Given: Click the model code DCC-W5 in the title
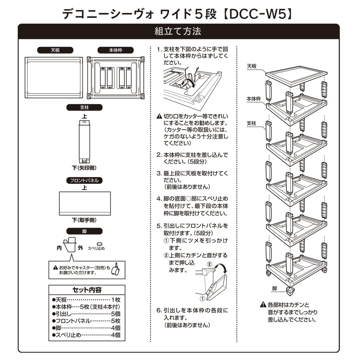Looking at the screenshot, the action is [x=258, y=14].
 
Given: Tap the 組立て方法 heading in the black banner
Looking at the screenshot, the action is [x=178, y=31].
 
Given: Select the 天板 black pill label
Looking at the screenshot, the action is [x=55, y=50].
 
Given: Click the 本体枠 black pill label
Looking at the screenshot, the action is [x=116, y=50].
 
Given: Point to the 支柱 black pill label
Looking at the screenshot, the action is [x=84, y=107].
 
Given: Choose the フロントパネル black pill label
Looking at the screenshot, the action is [x=84, y=181].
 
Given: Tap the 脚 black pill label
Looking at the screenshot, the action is [x=84, y=231].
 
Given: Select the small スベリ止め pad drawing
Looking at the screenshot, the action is [x=100, y=244].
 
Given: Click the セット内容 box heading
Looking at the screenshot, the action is [x=87, y=290].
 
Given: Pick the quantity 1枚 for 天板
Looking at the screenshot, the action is [x=116, y=300].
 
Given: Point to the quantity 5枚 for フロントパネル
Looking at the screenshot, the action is [x=116, y=321].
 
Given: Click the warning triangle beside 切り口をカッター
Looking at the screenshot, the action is [x=159, y=116].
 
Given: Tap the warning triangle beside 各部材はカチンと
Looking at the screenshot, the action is [x=263, y=305].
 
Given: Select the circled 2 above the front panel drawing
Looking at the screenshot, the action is [x=210, y=264].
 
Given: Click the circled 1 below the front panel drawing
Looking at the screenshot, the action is [x=202, y=299].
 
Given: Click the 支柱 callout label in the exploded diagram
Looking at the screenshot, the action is [x=251, y=123].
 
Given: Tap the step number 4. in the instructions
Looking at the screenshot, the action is [x=159, y=199].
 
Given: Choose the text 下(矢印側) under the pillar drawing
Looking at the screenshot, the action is [x=84, y=168].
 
